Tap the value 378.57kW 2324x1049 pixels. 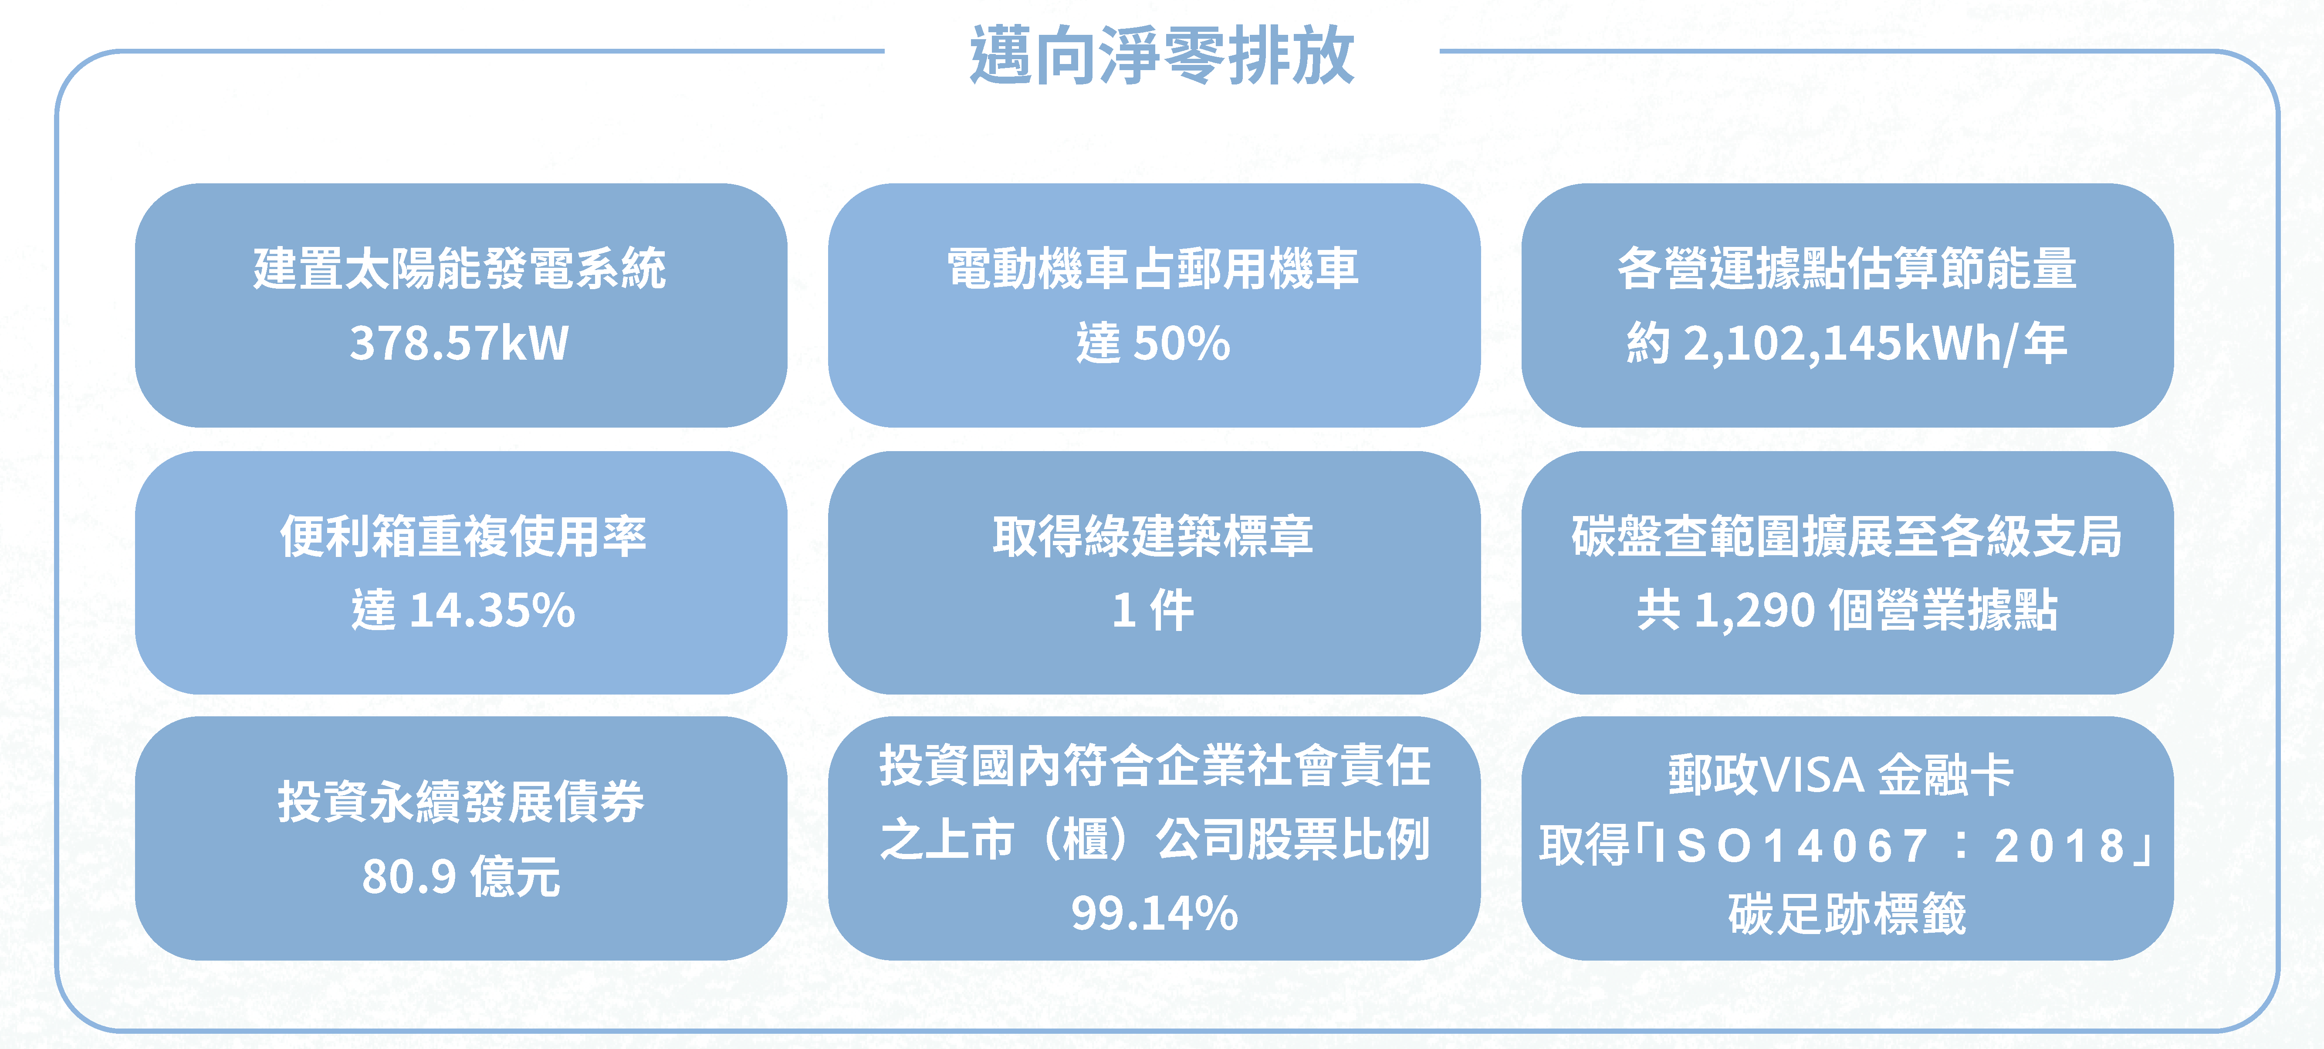(x=460, y=344)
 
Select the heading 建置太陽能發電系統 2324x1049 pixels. (x=460, y=269)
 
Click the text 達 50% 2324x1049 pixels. (x=1153, y=344)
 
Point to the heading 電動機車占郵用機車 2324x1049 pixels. (x=1153, y=269)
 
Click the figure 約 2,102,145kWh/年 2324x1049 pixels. (x=1847, y=344)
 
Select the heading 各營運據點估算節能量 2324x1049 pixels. (x=1847, y=269)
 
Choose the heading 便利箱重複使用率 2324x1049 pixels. (x=463, y=536)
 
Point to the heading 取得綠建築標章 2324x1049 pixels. (x=1153, y=536)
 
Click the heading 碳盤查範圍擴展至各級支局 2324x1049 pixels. (x=1847, y=536)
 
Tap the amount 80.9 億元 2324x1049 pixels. (x=461, y=877)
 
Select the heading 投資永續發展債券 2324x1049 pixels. (x=461, y=802)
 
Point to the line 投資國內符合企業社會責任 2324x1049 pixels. (x=1155, y=766)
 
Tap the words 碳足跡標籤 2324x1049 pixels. (x=1847, y=914)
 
